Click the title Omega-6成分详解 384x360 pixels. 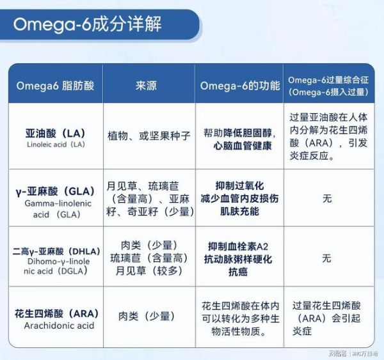point(88,24)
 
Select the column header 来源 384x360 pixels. point(146,86)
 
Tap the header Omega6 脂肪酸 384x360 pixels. point(55,86)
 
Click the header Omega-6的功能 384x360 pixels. point(240,86)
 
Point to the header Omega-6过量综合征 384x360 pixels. point(328,80)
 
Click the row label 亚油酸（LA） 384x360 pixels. point(56,134)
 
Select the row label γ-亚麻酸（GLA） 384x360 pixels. point(55,191)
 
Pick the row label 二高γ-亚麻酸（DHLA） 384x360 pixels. point(56,251)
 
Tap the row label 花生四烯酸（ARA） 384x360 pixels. point(56,313)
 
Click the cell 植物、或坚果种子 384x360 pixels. point(149,136)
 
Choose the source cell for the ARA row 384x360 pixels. point(147,316)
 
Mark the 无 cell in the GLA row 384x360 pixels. point(327,198)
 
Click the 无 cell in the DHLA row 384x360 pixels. point(326,258)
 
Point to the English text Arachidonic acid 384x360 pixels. point(59,325)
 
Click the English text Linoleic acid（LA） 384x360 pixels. point(56,145)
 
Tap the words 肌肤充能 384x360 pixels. point(239,212)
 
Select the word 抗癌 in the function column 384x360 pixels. point(238,272)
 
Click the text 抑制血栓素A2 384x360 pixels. point(238,246)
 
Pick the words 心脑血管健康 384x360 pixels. point(243,146)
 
